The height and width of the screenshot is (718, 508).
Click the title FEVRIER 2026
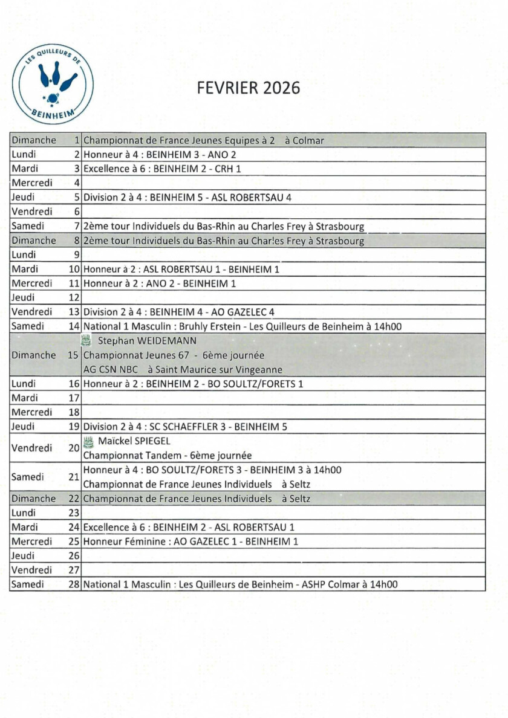click(249, 88)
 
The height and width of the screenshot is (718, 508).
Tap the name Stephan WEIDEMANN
click(147, 341)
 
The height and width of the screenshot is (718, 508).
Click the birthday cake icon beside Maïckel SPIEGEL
click(88, 441)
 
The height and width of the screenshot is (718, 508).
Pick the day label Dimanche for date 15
click(34, 355)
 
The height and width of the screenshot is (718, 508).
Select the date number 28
click(74, 584)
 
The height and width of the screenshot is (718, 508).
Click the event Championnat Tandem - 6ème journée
click(167, 456)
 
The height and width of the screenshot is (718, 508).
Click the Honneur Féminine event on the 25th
click(190, 542)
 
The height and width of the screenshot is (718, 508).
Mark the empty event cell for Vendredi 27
click(283, 570)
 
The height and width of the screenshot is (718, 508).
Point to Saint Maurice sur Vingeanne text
click(224, 369)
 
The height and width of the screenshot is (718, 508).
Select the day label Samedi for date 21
click(28, 477)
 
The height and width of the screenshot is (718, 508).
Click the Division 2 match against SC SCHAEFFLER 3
click(185, 427)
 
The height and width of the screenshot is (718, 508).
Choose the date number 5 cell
click(77, 197)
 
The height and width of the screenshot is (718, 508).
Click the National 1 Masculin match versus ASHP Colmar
click(240, 584)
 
